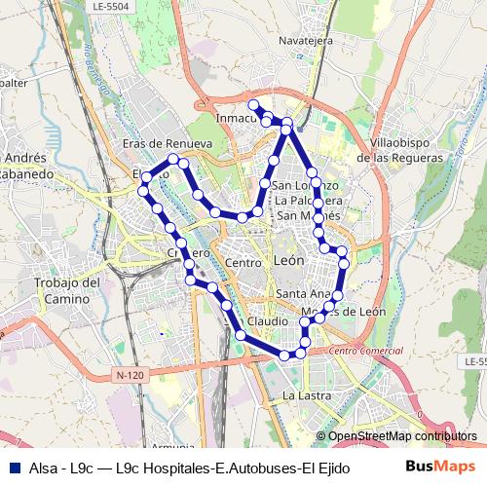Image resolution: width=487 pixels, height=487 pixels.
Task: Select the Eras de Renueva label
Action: click(x=168, y=143)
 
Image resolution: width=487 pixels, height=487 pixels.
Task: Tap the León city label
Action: click(x=289, y=261)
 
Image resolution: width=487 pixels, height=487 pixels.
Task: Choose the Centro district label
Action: click(x=243, y=263)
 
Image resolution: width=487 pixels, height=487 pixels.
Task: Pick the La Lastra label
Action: click(x=301, y=395)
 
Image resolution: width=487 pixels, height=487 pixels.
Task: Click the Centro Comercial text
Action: click(x=366, y=350)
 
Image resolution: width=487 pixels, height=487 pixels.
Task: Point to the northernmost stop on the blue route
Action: click(x=252, y=104)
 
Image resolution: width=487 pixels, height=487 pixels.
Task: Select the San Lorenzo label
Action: click(x=306, y=185)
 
